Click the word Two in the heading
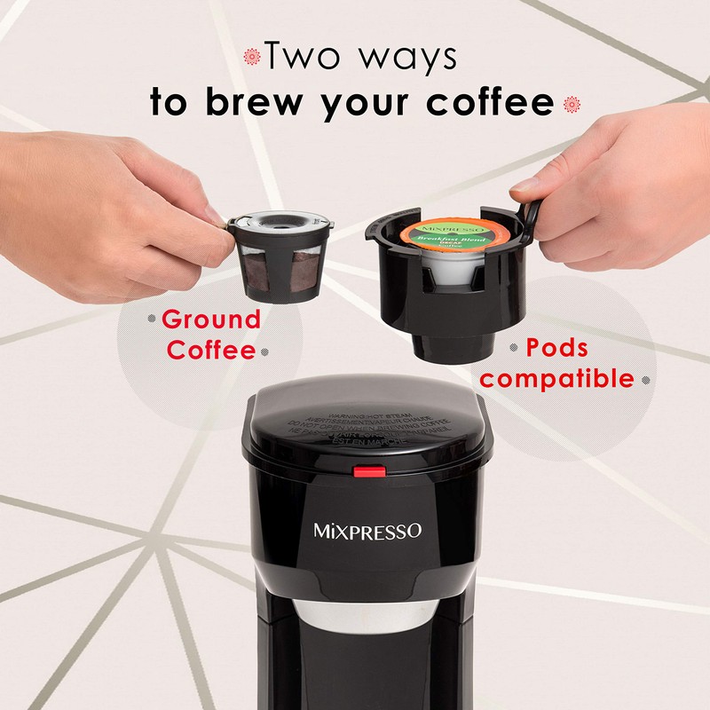(305, 57)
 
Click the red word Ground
(211, 319)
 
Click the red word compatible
(557, 379)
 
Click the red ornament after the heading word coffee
(572, 104)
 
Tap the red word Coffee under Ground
(211, 349)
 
